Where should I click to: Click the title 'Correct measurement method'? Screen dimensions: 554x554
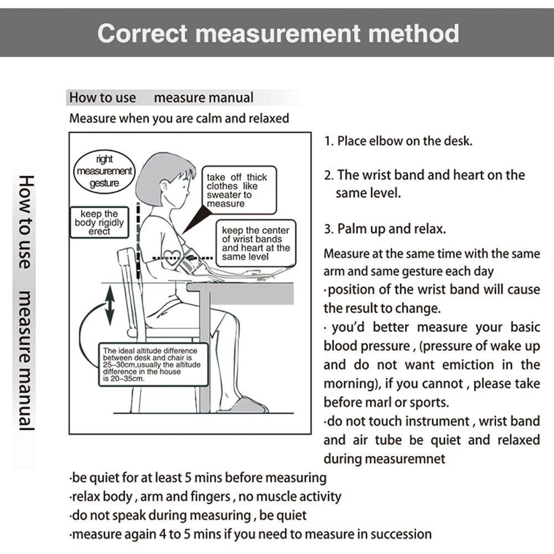tap(278, 33)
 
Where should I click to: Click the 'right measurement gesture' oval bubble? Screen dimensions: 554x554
tap(104, 171)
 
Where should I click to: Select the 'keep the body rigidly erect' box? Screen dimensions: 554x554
tap(99, 222)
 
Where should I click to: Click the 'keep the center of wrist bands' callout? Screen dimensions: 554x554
tap(255, 243)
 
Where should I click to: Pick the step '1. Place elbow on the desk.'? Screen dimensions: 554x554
tap(398, 141)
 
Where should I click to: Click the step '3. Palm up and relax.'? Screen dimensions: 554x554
tap(384, 228)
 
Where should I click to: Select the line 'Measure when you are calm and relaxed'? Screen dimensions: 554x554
tap(179, 118)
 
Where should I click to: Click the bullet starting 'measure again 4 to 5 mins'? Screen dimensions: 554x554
tap(250, 535)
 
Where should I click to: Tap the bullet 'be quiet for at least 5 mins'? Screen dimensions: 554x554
tap(198, 478)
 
